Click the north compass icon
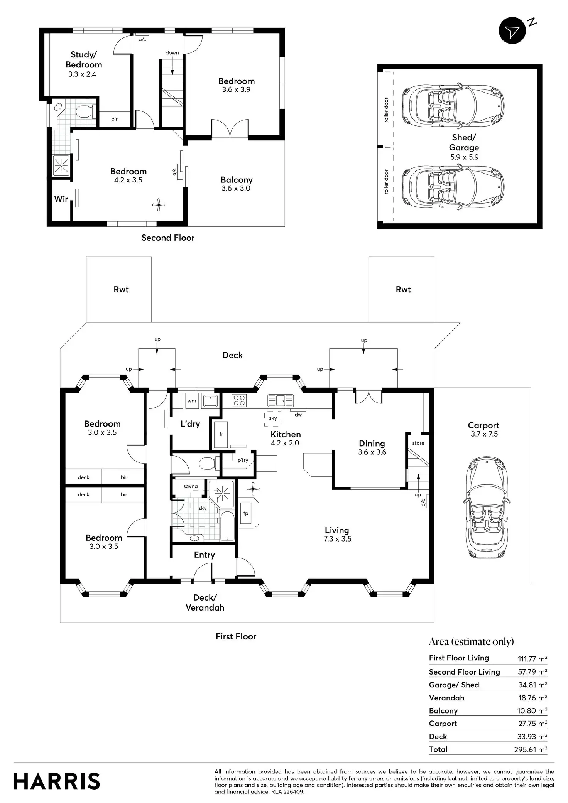512,30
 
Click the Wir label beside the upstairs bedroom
61,199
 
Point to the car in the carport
486,507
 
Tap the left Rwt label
121,289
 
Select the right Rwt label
403,289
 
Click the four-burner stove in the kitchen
239,400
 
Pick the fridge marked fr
221,434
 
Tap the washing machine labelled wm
192,401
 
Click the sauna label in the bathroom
190,486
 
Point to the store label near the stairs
418,443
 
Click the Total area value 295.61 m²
531,750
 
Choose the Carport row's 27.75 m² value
532,724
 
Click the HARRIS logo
57,781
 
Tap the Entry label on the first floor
204,555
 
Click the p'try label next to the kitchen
243,460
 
